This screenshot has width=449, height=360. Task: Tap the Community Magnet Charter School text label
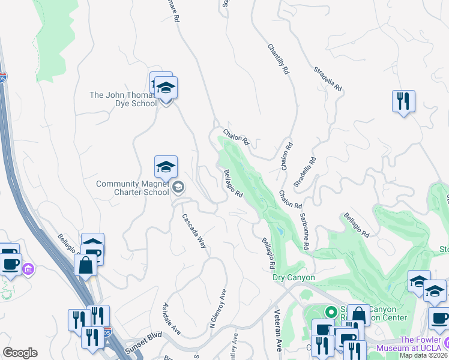point(133,188)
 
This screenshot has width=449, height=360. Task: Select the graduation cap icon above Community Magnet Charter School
point(166,167)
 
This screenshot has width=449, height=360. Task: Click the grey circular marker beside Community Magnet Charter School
point(178,188)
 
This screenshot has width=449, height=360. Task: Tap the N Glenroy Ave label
point(218,310)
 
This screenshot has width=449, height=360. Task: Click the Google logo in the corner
point(20,353)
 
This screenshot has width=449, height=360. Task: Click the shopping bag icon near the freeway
point(86,265)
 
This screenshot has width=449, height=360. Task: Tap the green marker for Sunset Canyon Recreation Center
point(330,312)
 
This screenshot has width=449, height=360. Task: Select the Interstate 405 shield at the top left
point(3,78)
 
